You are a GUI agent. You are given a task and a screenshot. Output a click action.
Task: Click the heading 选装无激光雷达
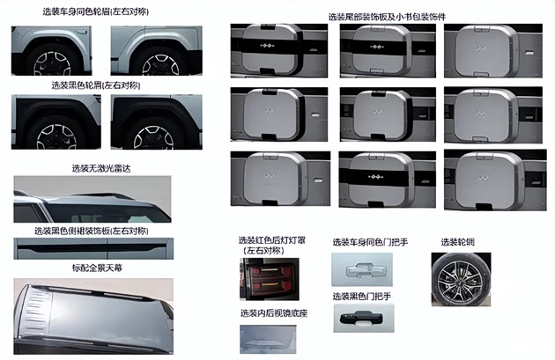coord(101,168)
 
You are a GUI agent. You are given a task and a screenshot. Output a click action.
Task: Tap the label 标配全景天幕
coord(97,268)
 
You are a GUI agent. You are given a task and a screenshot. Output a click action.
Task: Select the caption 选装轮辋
coord(458,242)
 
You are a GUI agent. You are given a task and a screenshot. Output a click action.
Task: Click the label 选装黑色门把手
coord(362,297)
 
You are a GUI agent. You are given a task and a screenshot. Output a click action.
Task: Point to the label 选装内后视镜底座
coord(274,313)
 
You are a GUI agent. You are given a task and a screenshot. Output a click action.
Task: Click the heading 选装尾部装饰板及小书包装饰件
coord(387,17)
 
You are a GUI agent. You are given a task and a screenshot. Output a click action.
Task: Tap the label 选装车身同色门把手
coord(370,242)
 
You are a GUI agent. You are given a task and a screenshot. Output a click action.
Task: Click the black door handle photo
coord(364,318)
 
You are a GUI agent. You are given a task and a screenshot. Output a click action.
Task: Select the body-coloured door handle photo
coord(362,269)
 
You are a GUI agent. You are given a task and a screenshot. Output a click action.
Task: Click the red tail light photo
coord(270,279)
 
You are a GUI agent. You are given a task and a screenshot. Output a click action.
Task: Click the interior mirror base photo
coord(268,340)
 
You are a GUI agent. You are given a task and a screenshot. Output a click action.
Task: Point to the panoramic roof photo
coord(93,316)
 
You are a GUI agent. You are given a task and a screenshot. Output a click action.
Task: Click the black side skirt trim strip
coord(93,246)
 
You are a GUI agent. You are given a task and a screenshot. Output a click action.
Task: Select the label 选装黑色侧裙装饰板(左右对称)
coord(92,231)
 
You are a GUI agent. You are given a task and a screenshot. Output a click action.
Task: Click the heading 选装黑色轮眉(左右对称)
coord(96,85)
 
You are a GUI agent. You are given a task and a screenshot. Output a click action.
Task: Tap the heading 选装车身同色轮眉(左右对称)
coord(95,11)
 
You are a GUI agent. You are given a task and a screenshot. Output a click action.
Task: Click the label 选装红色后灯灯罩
coord(271,240)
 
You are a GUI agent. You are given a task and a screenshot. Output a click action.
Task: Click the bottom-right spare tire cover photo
coord(495,180)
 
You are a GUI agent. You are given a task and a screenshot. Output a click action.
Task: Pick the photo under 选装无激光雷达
coord(92,199)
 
